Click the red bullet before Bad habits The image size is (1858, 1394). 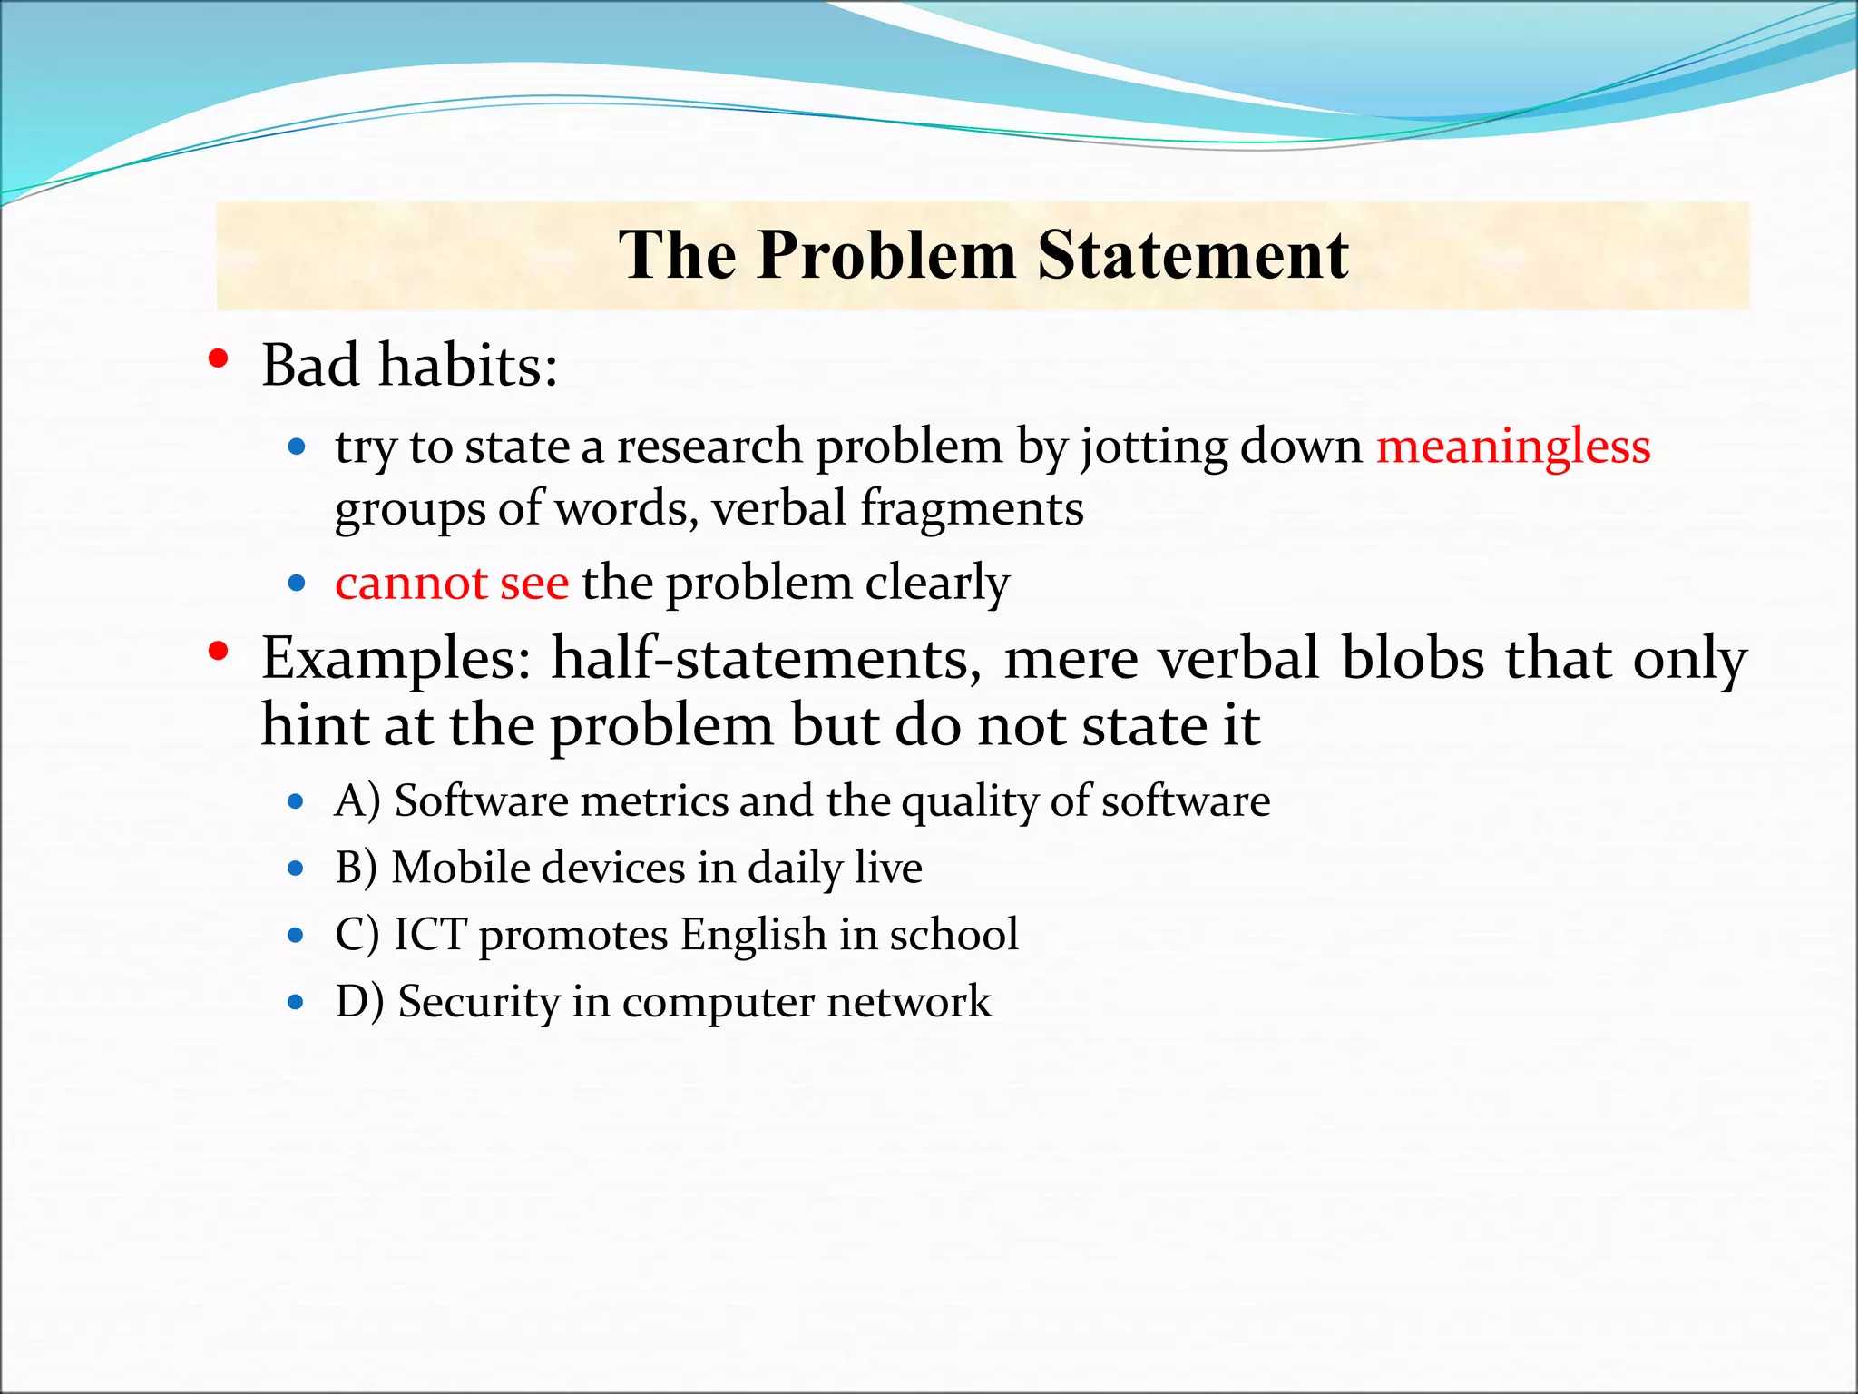click(x=218, y=359)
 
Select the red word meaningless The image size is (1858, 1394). click(x=1512, y=447)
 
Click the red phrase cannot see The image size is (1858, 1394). click(x=452, y=584)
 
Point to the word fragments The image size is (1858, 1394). click(x=972, y=508)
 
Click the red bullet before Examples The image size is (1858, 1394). click(x=218, y=651)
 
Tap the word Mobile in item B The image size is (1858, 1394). click(x=460, y=868)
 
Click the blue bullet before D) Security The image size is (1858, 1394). click(x=296, y=1003)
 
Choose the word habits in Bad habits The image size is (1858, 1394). click(x=467, y=366)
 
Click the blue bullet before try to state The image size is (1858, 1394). click(x=296, y=447)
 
